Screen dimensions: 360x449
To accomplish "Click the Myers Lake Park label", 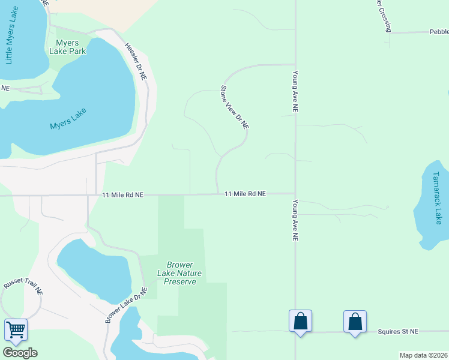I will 71,47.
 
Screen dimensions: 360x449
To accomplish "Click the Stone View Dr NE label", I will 234,108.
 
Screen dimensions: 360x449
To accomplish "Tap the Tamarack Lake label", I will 437,198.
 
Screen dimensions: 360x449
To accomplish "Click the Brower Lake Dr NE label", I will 127,305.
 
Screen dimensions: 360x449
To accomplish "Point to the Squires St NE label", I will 397,331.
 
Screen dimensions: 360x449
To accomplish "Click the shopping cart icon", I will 16,329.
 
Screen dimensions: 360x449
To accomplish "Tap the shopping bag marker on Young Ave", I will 300,321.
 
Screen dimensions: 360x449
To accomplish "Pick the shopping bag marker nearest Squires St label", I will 355,321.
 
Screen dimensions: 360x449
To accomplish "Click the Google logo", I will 20,353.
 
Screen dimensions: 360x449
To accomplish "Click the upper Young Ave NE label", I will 295,92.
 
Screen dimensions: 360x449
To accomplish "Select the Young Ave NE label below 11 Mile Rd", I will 295,220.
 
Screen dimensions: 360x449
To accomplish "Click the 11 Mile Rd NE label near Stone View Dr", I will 245,194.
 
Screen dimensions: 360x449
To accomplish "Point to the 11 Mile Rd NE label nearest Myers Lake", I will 122,195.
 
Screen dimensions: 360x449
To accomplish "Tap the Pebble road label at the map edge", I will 438,32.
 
